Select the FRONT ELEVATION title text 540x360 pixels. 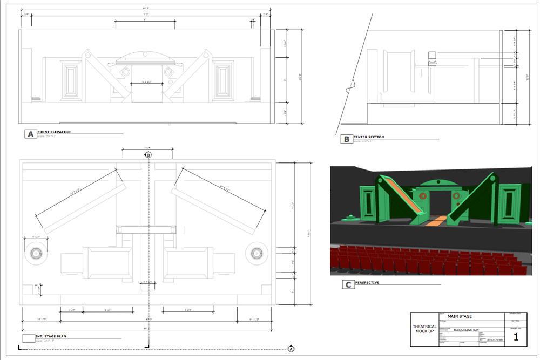point(54,132)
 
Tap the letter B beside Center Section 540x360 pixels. point(346,139)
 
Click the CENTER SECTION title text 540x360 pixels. point(369,137)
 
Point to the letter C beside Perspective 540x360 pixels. point(348,284)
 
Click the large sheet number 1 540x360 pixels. point(516,337)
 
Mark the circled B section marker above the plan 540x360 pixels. point(148,155)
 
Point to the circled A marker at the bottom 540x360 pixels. point(291,349)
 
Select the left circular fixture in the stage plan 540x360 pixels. point(36,253)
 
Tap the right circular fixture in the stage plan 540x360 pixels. point(255,253)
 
